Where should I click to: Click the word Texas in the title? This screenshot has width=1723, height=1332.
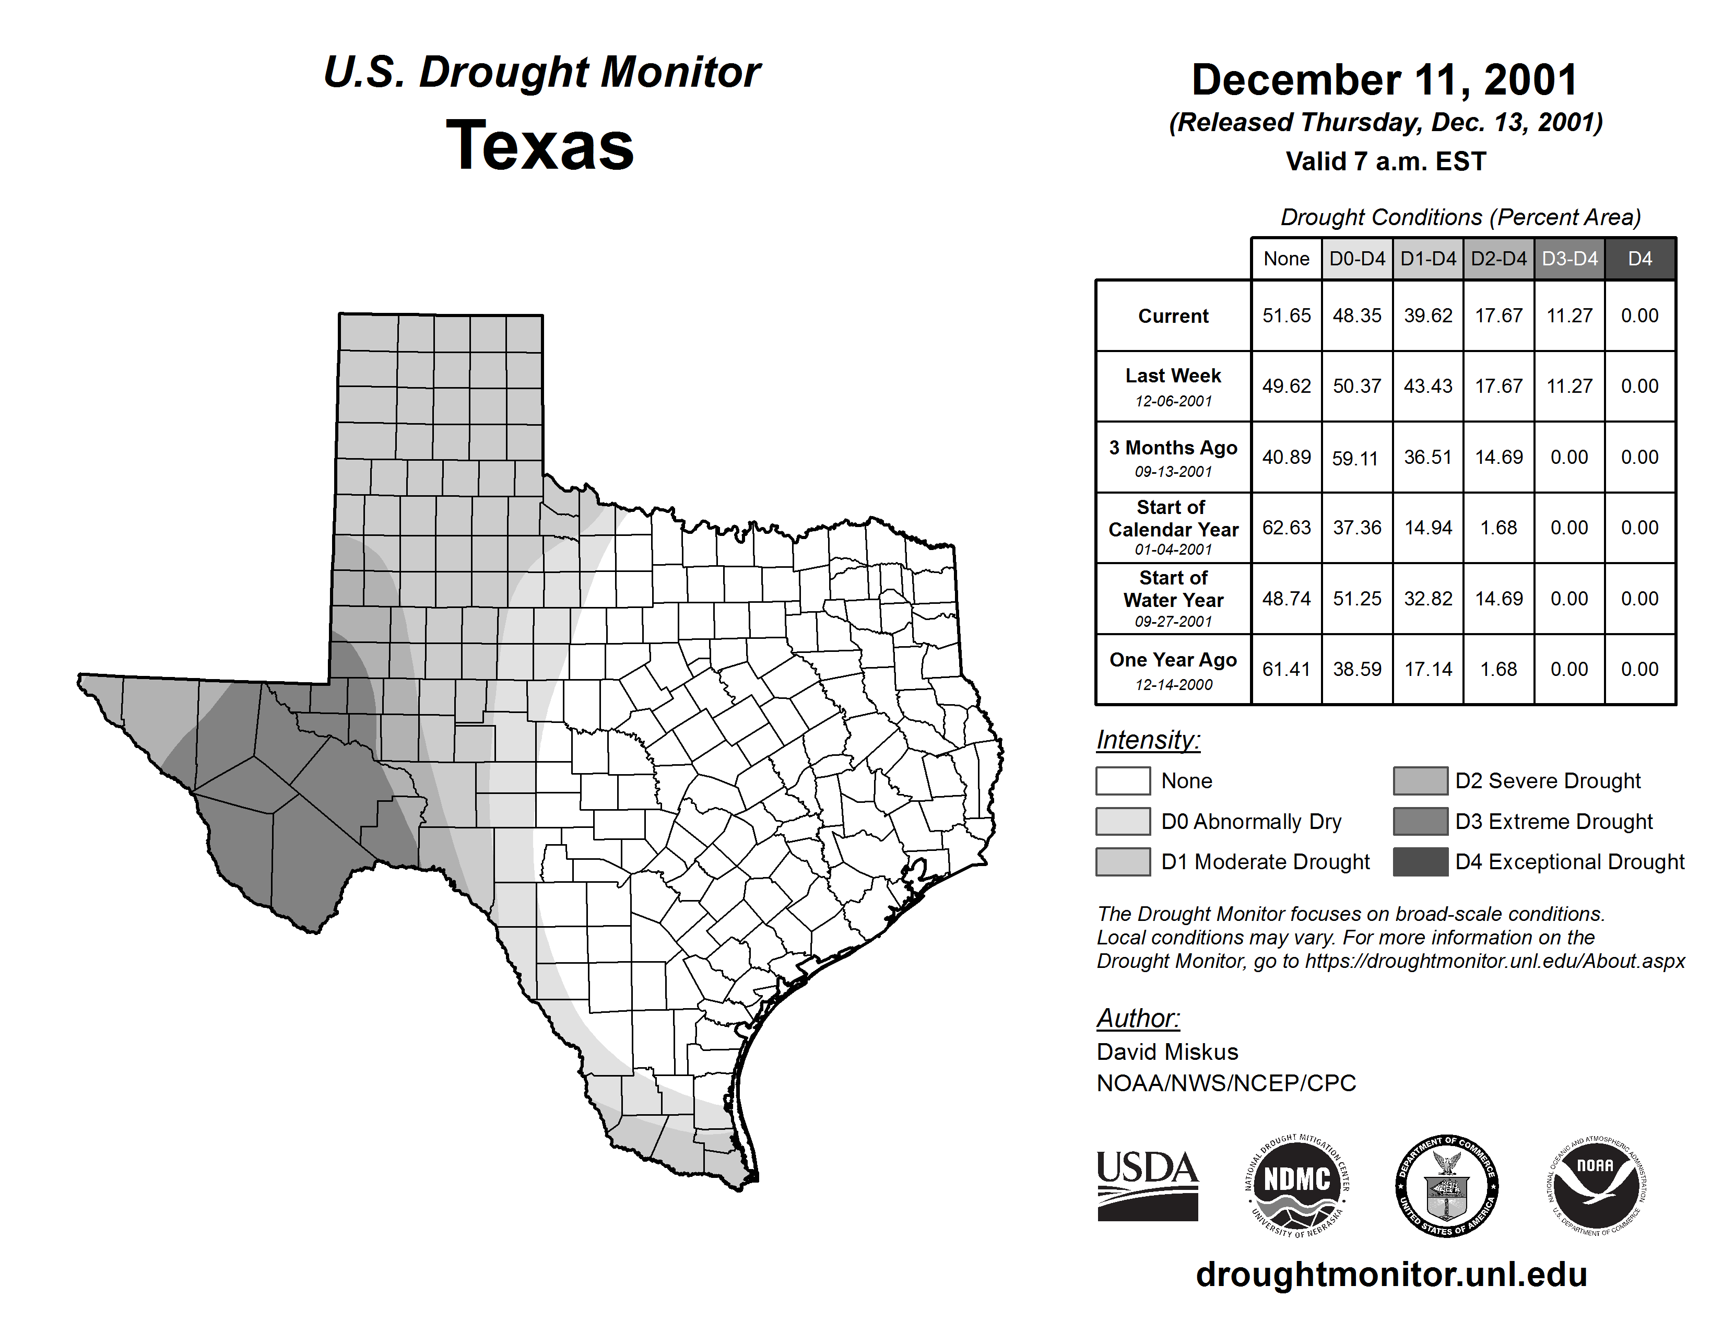540,146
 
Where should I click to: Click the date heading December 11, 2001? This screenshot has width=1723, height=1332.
1385,80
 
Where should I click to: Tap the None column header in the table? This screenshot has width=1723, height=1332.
1286,259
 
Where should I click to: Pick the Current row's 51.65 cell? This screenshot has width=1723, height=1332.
1286,316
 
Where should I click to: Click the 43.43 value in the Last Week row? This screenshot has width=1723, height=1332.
1428,387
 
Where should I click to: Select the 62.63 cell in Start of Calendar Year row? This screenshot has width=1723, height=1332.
1286,528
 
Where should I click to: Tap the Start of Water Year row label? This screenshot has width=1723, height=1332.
1173,599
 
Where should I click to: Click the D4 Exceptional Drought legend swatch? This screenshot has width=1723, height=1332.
1420,862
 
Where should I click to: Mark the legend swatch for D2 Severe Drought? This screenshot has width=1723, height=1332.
1420,780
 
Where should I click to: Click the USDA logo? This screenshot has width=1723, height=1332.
1147,1185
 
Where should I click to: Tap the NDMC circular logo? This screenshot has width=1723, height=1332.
1297,1185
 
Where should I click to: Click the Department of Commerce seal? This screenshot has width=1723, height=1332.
1446,1185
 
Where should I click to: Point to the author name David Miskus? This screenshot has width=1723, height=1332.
1167,1052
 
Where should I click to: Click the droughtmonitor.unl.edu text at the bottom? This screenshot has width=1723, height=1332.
1391,1275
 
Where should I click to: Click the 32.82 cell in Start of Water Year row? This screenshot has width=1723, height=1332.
1428,599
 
